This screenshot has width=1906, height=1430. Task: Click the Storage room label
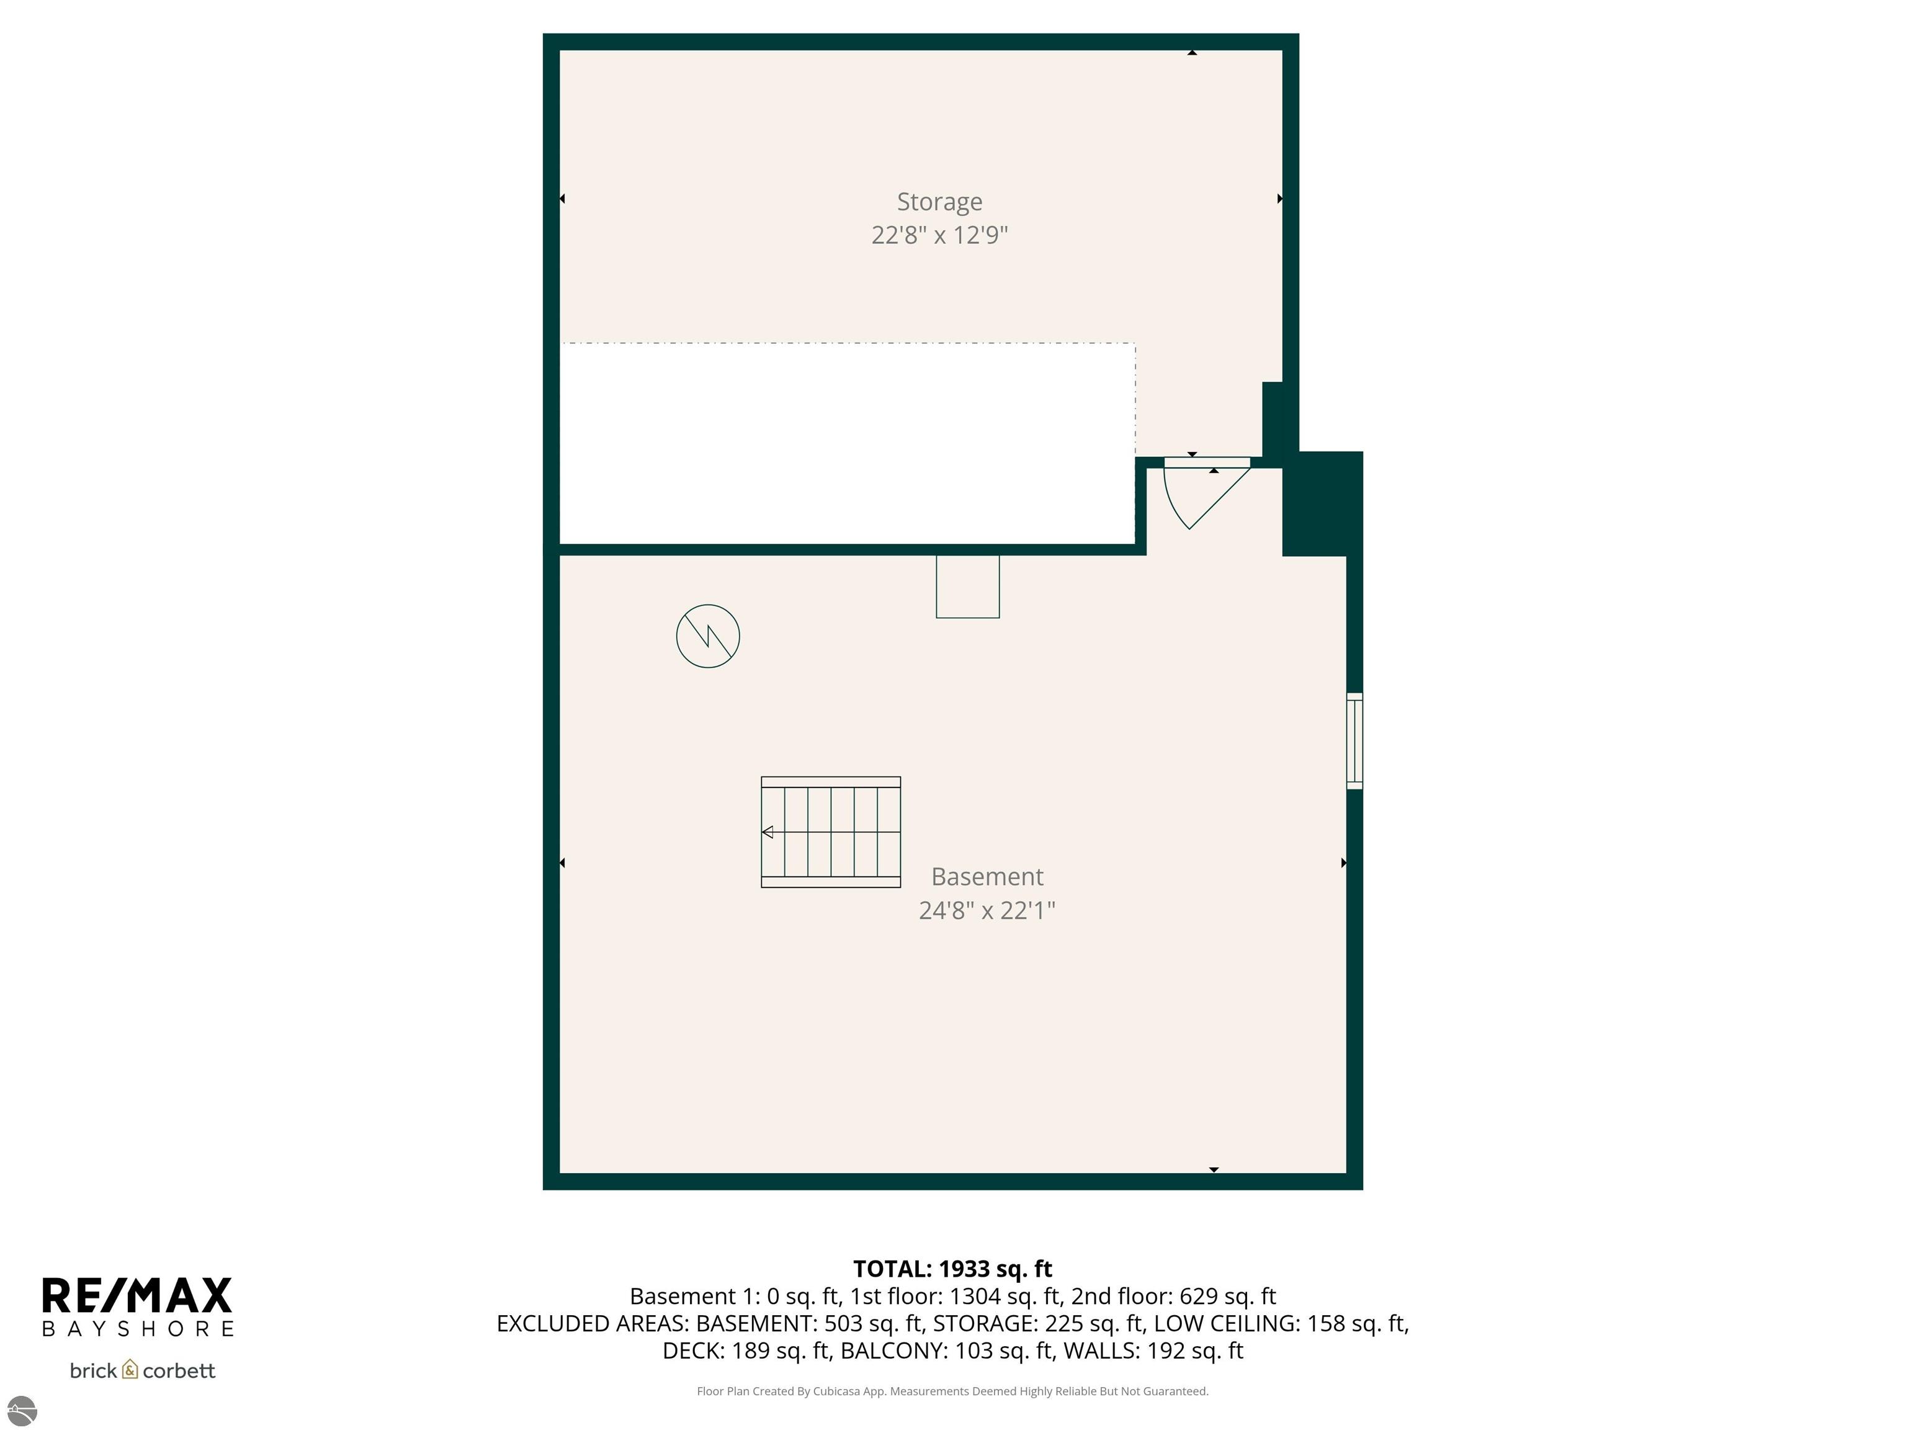(939, 202)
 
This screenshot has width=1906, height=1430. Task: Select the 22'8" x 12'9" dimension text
(939, 235)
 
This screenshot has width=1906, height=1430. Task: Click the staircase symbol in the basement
(831, 832)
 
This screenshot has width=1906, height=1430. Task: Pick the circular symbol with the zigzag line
(707, 636)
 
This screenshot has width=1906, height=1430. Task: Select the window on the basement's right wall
(1354, 740)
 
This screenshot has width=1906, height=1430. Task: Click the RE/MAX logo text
(138, 1295)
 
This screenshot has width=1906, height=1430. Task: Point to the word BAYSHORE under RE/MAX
(138, 1329)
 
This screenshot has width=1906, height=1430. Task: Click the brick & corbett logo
(142, 1370)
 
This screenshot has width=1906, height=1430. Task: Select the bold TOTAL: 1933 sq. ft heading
(952, 1269)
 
